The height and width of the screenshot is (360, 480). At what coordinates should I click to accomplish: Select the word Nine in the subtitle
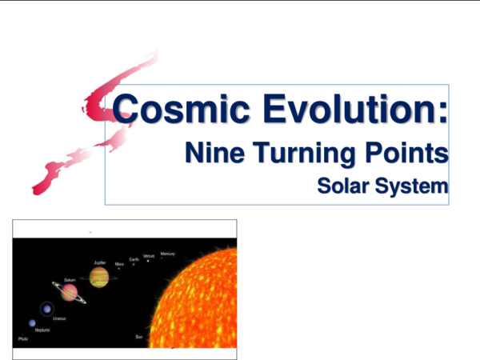[x=212, y=152]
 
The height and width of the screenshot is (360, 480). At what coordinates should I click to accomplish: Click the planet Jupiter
[x=99, y=278]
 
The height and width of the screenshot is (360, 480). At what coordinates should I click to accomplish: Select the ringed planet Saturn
[x=70, y=293]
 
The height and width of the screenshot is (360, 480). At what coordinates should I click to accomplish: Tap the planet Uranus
[x=47, y=309]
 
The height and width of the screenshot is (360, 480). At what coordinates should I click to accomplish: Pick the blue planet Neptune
[x=32, y=323]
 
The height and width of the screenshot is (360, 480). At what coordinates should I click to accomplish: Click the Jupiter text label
[x=99, y=262]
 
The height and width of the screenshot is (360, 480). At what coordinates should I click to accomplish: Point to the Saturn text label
[x=70, y=280]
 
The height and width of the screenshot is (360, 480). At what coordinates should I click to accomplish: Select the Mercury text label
[x=167, y=254]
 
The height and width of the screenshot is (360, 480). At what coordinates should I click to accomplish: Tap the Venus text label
[x=148, y=256]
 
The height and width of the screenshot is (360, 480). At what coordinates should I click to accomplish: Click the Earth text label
[x=134, y=259]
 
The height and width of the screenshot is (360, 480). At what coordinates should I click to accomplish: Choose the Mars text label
[x=119, y=263]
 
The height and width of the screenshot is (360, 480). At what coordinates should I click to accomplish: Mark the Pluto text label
[x=22, y=339]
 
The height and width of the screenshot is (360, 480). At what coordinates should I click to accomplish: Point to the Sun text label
[x=139, y=337]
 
